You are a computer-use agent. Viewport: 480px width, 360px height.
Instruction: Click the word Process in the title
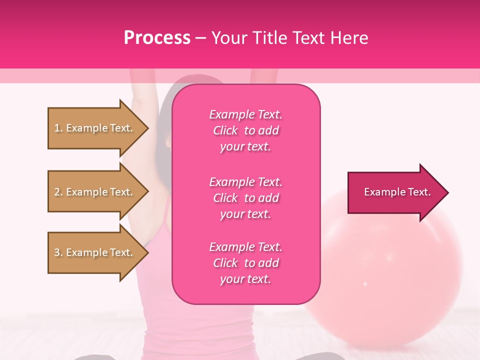pyautogui.click(x=157, y=38)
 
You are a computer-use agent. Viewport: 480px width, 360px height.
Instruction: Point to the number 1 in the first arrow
pyautogui.click(x=57, y=128)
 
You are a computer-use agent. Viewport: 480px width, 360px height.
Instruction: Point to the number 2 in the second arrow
pyautogui.click(x=57, y=192)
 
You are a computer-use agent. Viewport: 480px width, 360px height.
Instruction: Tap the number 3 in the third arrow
pyautogui.click(x=57, y=252)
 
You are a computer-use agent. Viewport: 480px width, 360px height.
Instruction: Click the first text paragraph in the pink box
pyautogui.click(x=245, y=130)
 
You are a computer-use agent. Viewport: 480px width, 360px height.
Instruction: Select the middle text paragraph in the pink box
pyautogui.click(x=245, y=198)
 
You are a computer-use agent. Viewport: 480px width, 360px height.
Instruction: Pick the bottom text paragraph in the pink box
pyautogui.click(x=245, y=263)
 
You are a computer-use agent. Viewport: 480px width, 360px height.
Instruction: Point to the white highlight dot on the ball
pyautogui.click(x=365, y=284)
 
